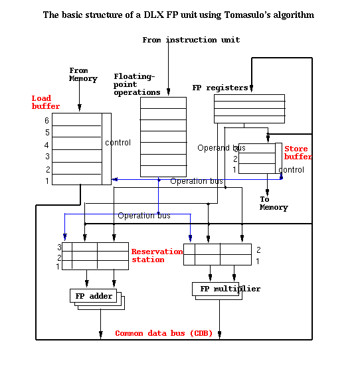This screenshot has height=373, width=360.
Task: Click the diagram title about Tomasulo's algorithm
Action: (179, 15)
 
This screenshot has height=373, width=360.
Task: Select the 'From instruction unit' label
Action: (191, 40)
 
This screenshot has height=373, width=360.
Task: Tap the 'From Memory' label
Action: (83, 75)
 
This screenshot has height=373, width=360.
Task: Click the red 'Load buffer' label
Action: (46, 102)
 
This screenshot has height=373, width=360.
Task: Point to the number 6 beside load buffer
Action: (47, 120)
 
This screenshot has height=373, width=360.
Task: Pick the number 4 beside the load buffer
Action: (47, 145)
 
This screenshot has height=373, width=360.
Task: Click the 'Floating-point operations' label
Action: (137, 84)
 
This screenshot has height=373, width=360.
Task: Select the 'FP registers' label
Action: (220, 88)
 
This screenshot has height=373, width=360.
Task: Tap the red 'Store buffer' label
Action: (297, 153)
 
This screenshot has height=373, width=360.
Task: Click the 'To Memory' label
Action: (274, 203)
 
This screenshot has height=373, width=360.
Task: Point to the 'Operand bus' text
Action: (221, 148)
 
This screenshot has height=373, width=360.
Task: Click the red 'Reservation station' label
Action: (157, 256)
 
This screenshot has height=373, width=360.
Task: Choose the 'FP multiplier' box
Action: (226, 289)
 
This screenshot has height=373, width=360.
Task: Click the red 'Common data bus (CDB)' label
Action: (163, 333)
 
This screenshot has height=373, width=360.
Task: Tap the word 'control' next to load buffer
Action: (118, 143)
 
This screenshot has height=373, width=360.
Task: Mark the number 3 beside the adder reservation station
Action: (58, 247)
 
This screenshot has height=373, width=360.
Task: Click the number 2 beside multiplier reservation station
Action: (258, 250)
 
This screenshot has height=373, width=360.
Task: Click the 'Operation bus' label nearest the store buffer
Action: (197, 181)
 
